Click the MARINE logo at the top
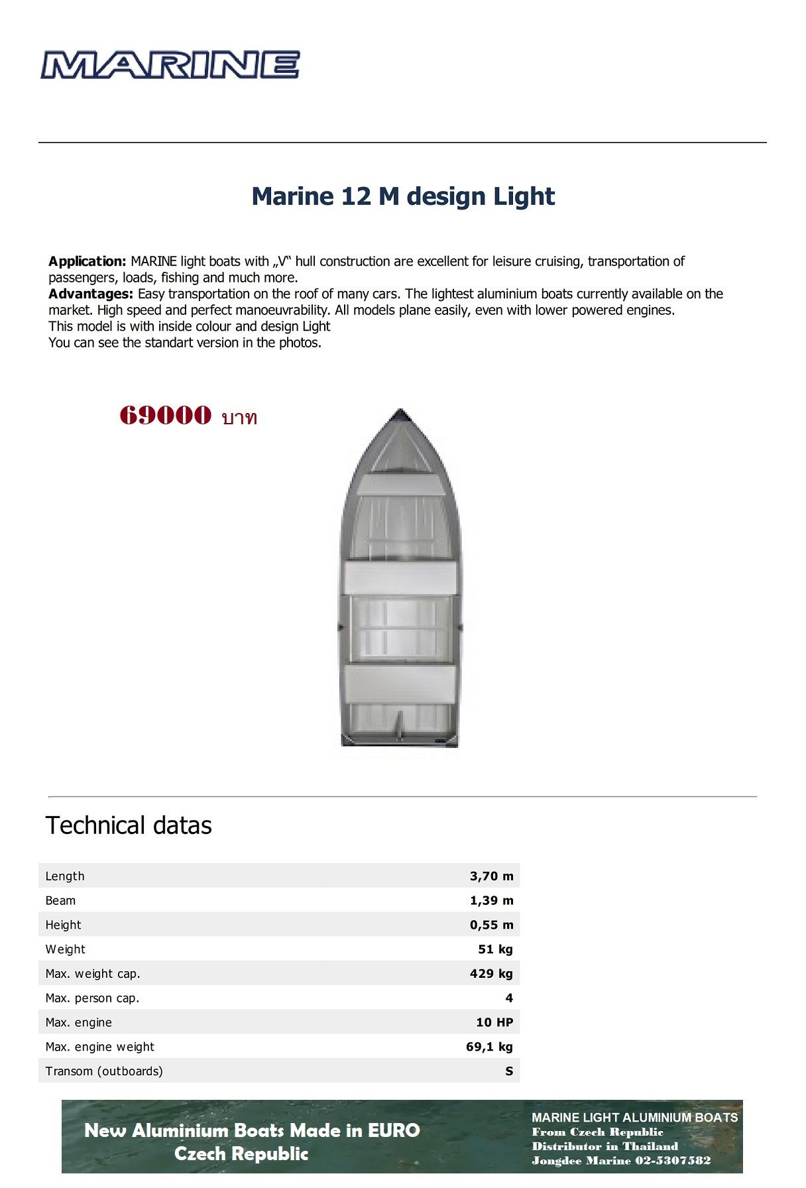170,65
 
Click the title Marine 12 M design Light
403,196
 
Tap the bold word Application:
87,261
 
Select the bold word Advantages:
91,294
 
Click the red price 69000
166,416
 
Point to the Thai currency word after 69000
239,418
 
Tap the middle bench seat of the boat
400,579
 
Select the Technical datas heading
129,825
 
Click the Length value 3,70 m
491,876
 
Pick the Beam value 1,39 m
491,900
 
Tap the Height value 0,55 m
491,925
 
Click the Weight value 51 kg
495,949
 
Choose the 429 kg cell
491,974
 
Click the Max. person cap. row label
92,998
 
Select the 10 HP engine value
494,1022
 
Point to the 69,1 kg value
489,1047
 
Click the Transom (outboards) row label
104,1071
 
